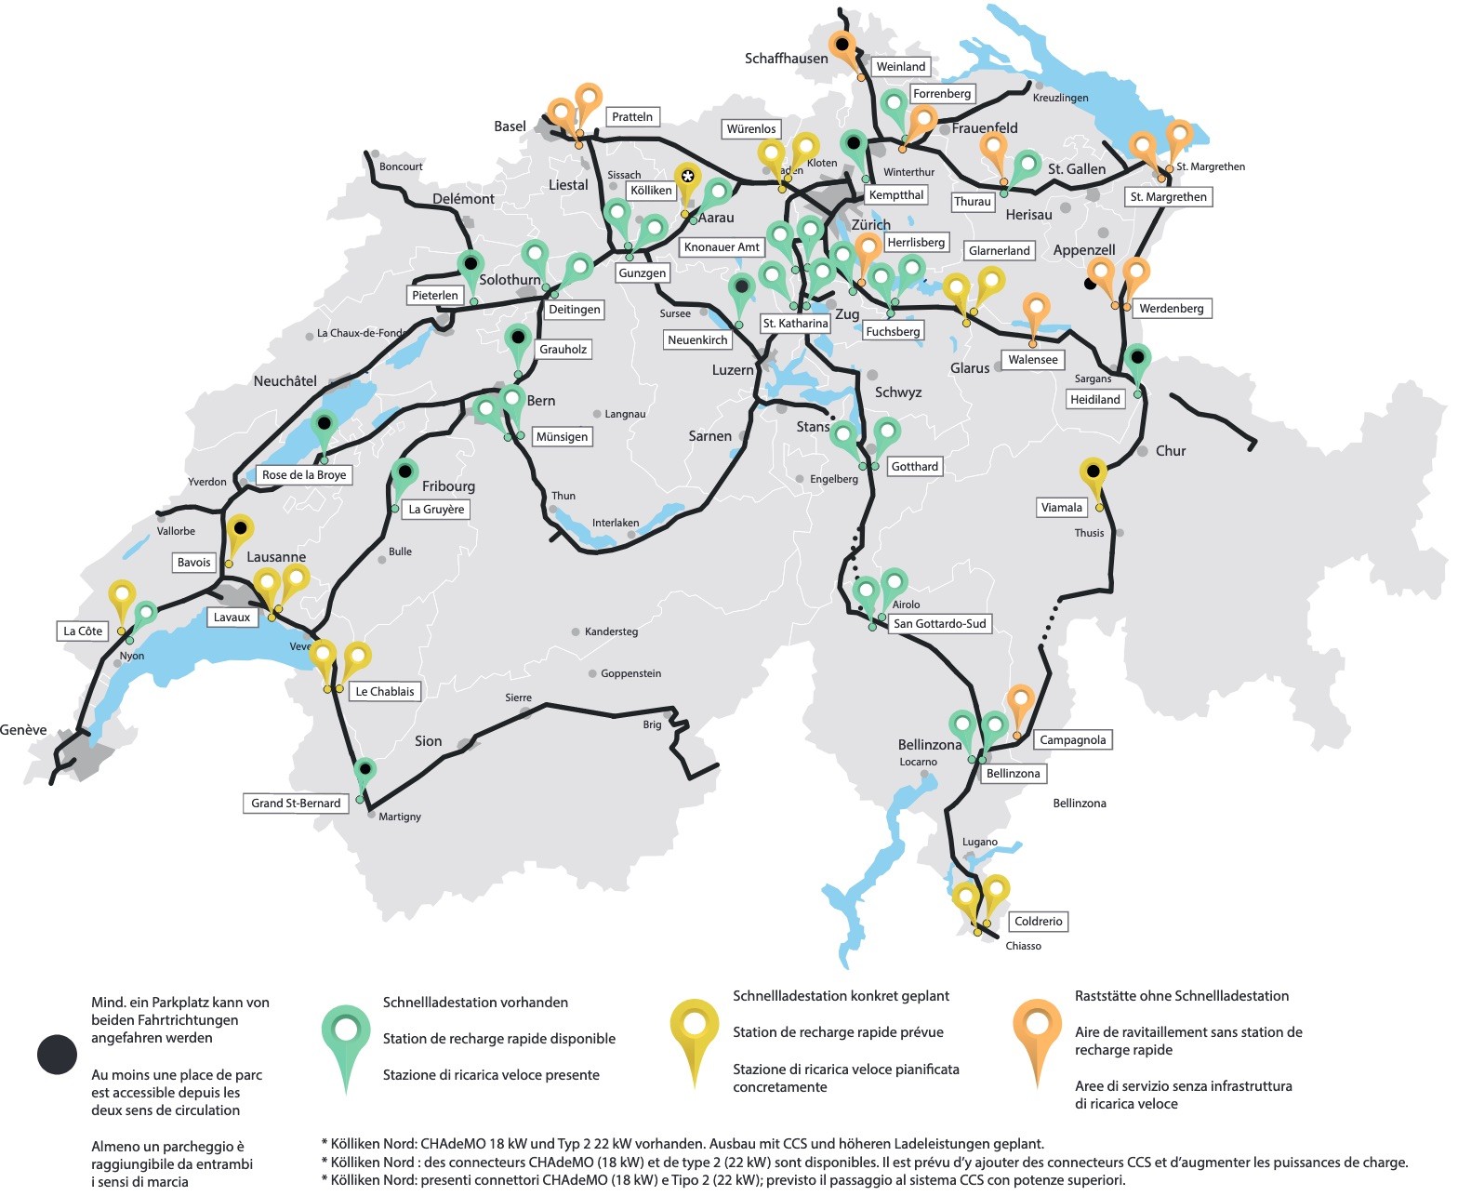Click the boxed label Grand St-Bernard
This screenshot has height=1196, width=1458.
[x=296, y=803]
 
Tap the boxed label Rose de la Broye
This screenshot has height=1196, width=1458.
[x=304, y=474]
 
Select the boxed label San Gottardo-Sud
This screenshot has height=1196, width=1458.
[x=939, y=623]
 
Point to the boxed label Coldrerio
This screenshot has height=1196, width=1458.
[x=1038, y=921]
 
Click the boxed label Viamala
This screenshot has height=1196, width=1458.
[x=1061, y=507]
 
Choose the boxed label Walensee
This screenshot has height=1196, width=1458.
[x=1032, y=359]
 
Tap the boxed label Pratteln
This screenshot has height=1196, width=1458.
[x=632, y=116]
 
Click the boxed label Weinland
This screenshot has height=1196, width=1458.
[x=900, y=66]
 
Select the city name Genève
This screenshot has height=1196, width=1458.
[x=23, y=730]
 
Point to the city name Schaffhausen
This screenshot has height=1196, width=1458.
[x=786, y=58]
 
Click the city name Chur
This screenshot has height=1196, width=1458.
[x=1170, y=450]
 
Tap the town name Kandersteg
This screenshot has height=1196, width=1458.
[x=611, y=631]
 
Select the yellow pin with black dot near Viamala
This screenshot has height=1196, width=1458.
[x=1093, y=472]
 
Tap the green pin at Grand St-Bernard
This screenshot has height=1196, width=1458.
[x=365, y=771]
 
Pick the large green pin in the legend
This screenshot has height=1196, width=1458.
[x=346, y=1032]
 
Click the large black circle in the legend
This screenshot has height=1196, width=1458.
[x=57, y=1055]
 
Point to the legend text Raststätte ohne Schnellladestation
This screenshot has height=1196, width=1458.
[x=1182, y=996]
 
